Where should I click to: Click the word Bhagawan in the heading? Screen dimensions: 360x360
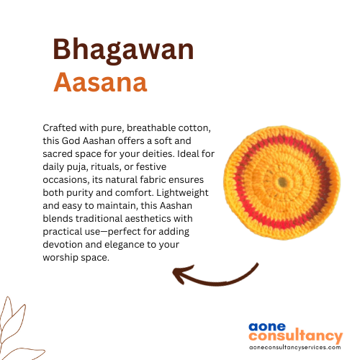[123, 50]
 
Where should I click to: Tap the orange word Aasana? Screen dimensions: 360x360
[100, 82]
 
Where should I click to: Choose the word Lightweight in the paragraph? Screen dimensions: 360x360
[182, 193]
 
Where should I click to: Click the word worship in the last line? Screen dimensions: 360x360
[60, 258]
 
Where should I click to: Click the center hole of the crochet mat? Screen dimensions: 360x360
[282, 182]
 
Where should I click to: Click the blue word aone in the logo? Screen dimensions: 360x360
[267, 327]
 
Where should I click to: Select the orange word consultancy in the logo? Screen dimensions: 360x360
[296, 336]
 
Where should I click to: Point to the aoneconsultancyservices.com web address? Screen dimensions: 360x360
[295, 348]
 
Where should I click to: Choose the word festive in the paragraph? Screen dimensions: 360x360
[151, 166]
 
